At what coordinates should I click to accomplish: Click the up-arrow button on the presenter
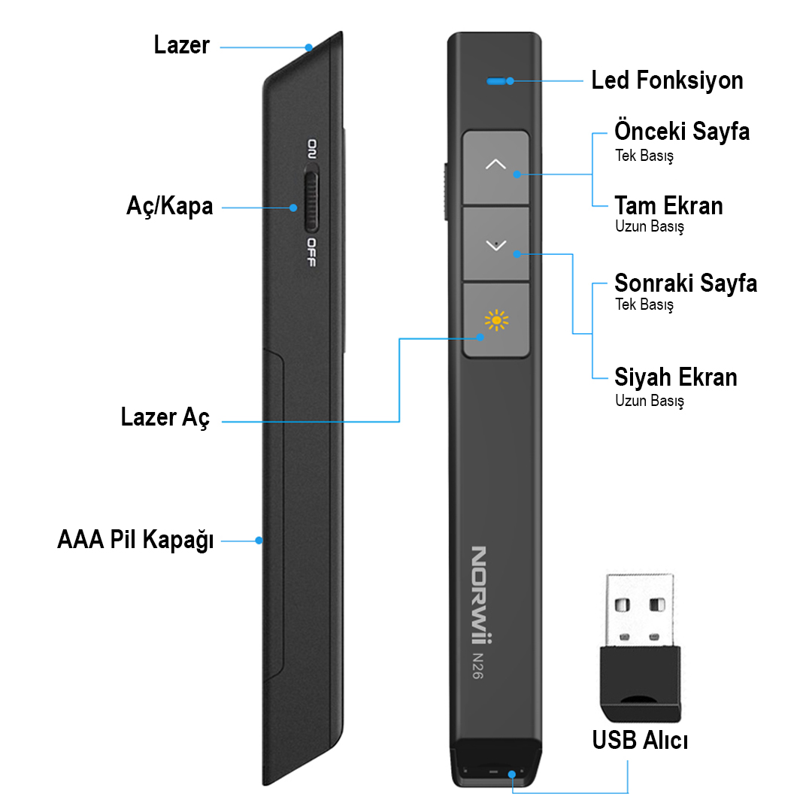pyautogui.click(x=495, y=167)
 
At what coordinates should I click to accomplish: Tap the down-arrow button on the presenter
pyautogui.click(x=495, y=245)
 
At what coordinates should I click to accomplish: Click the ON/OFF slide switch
pyautogui.click(x=311, y=201)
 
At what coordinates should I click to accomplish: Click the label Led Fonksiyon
pyautogui.click(x=667, y=80)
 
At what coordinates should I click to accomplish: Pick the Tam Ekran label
pyautogui.click(x=668, y=205)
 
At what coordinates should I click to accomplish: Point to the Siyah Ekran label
pyautogui.click(x=676, y=377)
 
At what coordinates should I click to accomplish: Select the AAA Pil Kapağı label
pyautogui.click(x=135, y=540)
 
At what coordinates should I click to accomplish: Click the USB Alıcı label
pyautogui.click(x=640, y=741)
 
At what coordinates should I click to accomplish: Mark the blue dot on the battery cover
pyautogui.click(x=259, y=540)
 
